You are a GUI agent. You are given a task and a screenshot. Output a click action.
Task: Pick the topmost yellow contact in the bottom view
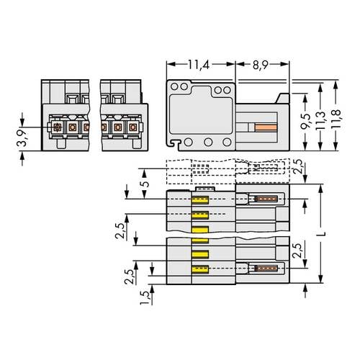pyautogui.click(x=199, y=201)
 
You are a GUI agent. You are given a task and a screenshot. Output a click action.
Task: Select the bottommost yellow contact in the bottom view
pyautogui.click(x=199, y=269)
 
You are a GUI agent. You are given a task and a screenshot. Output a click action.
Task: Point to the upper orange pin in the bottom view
pyautogui.click(x=266, y=199)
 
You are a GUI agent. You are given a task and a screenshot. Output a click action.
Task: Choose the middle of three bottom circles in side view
pyautogui.click(x=207, y=142)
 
